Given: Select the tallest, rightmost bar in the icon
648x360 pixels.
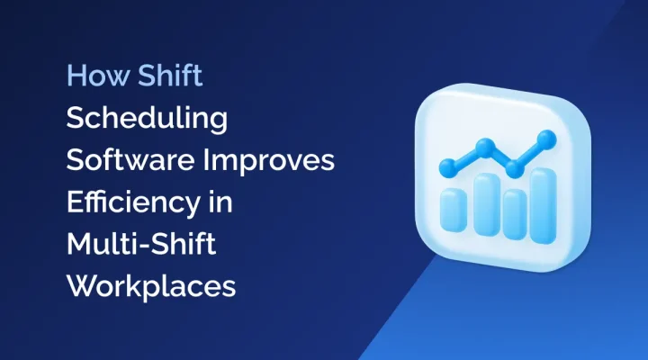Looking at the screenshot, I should point(543,193).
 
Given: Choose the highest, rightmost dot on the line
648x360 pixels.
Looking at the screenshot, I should point(544,138).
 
